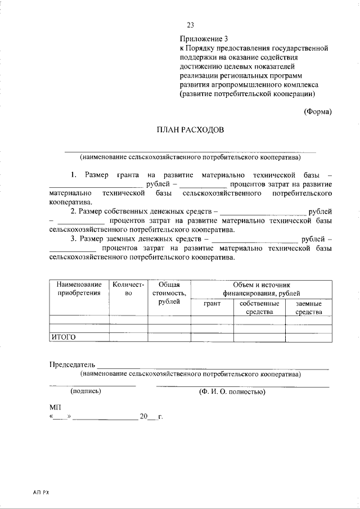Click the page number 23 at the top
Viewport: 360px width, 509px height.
click(x=190, y=25)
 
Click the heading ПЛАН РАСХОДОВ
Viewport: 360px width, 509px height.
click(x=190, y=130)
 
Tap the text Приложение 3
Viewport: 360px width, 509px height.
click(x=204, y=39)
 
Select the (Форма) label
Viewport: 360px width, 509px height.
click(x=318, y=111)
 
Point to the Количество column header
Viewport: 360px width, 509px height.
click(x=128, y=289)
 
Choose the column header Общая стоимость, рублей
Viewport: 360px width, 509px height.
click(x=169, y=293)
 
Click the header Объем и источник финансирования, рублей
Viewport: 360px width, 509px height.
click(x=261, y=289)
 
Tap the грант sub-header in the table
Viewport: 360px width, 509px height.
click(x=212, y=304)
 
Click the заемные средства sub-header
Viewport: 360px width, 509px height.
click(x=308, y=308)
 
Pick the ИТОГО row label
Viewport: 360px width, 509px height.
click(x=64, y=337)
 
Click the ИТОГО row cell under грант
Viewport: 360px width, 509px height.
click(x=212, y=337)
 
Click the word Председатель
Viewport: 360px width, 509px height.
click(x=73, y=364)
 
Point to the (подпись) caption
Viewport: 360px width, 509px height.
click(x=85, y=391)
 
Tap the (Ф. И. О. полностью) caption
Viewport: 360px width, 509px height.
click(x=232, y=391)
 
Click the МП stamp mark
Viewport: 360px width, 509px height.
click(x=55, y=407)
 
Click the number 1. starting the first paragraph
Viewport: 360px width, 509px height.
click(x=74, y=175)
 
